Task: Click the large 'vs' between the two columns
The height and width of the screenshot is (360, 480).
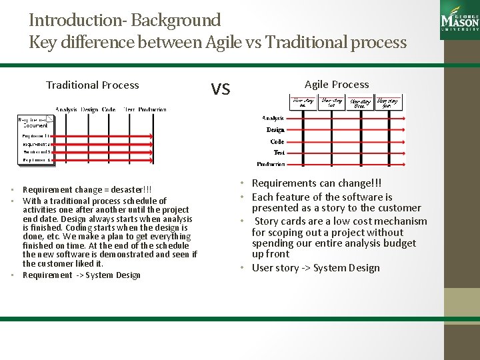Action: coord(221,87)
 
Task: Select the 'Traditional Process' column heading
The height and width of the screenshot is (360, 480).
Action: coord(92,85)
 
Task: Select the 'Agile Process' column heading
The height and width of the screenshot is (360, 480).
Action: coord(336,84)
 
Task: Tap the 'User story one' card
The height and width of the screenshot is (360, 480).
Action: coord(302,102)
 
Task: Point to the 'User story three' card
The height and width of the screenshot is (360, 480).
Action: coord(360,102)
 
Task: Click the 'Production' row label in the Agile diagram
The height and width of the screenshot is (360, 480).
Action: coord(271,164)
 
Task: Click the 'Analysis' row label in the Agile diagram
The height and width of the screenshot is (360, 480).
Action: coord(273,118)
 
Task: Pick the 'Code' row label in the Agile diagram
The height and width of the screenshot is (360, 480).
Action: coord(277,141)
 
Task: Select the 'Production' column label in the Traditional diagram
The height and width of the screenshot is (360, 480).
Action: coord(153,109)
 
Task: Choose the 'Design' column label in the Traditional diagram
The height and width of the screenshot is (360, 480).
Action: coord(89,109)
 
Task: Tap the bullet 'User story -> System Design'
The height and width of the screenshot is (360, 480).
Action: coord(315,268)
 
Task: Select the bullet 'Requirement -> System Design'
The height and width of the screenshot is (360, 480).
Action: coord(81,275)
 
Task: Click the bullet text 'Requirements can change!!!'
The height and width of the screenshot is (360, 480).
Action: coord(317,183)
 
